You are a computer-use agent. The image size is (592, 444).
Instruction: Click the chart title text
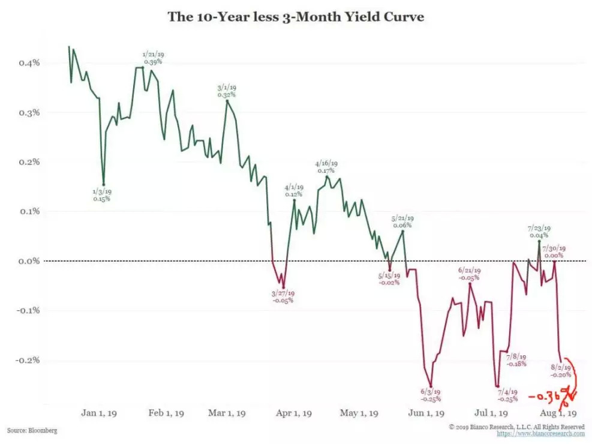click(x=295, y=17)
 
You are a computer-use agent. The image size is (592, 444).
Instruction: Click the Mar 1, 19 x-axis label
click(x=228, y=413)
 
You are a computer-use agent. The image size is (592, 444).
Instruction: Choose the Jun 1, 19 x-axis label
click(x=427, y=413)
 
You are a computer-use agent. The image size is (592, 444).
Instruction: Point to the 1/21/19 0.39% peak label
click(x=152, y=58)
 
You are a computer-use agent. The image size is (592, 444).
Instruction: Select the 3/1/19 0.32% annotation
click(x=227, y=91)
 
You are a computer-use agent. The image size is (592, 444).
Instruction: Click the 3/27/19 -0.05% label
click(x=283, y=297)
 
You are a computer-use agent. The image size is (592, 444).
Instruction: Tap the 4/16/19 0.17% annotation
click(x=327, y=166)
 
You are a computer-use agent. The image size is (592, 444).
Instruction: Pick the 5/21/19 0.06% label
click(x=402, y=221)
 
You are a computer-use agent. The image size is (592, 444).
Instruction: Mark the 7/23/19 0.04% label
click(x=539, y=232)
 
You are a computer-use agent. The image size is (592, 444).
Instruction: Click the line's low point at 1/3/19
click(x=103, y=185)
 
